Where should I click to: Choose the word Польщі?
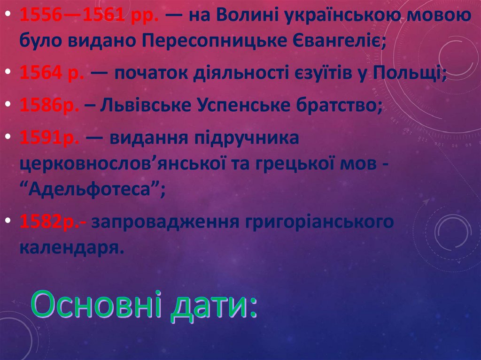(x=414, y=74)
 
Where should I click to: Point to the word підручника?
(x=244, y=138)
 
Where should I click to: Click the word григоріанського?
(x=319, y=221)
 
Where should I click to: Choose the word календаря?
(x=72, y=246)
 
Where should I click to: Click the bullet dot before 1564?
(x=10, y=74)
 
